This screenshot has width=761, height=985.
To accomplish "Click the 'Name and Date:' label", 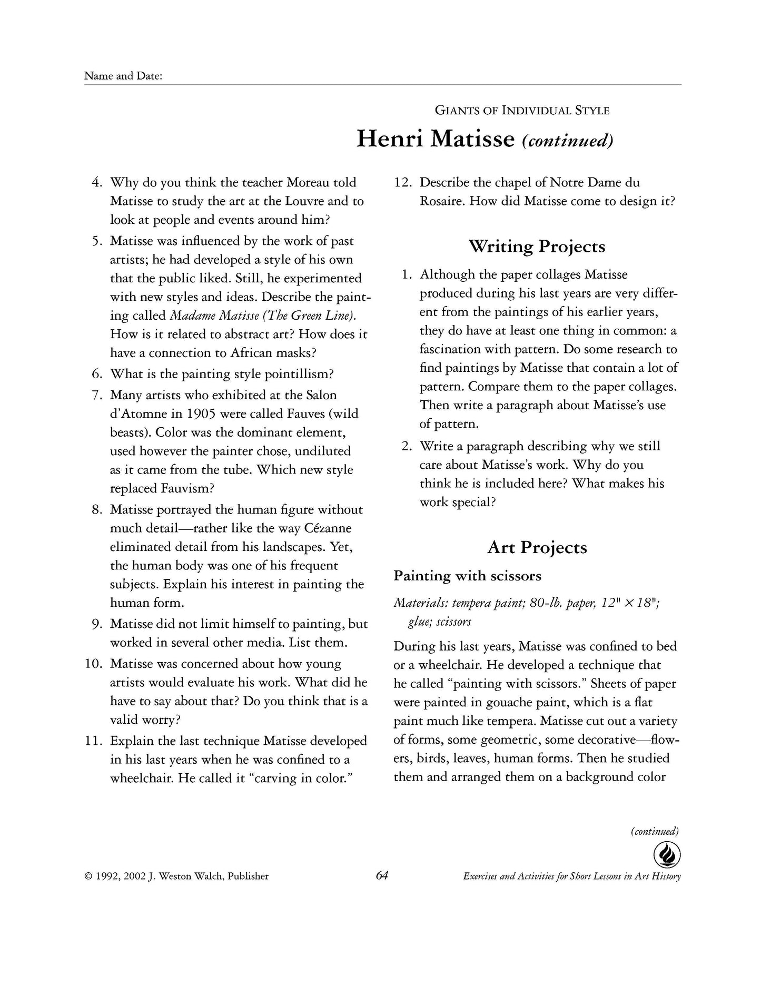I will pyautogui.click(x=123, y=76).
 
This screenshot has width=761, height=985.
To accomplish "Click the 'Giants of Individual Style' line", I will pyautogui.click(x=522, y=111).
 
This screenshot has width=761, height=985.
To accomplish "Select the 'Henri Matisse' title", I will pyautogui.click(x=435, y=139).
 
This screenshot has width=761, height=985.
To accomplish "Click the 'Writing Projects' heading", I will pyautogui.click(x=537, y=246).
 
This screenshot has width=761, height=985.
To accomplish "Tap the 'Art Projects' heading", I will pyautogui.click(x=537, y=547).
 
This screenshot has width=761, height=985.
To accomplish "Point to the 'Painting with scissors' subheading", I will pyautogui.click(x=467, y=576).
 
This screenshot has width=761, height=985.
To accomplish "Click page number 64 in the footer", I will pyautogui.click(x=382, y=875).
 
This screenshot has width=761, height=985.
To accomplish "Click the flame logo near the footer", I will pyautogui.click(x=667, y=855).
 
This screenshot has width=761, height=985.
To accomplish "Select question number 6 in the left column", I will pyautogui.click(x=97, y=374).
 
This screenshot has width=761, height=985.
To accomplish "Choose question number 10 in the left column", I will pyautogui.click(x=94, y=664).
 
